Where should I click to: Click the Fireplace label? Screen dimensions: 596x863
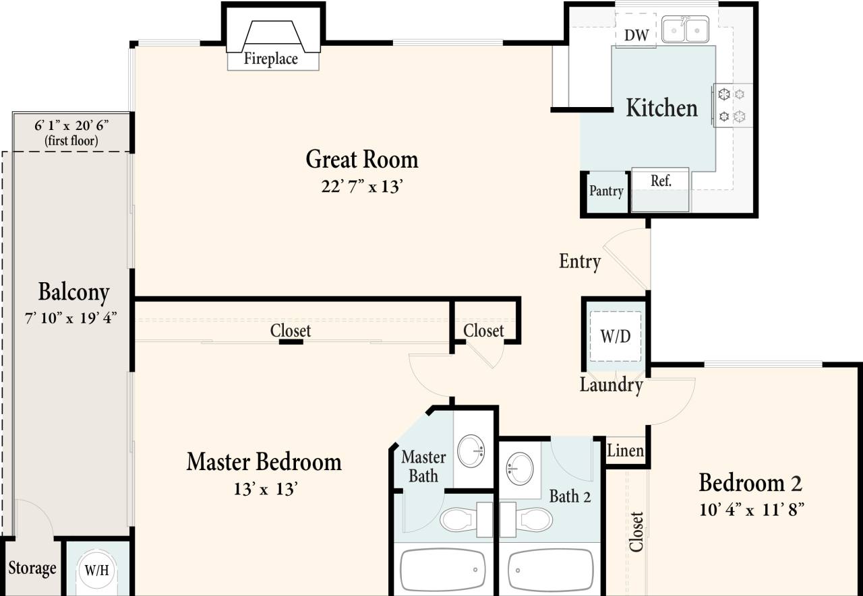coord(270,59)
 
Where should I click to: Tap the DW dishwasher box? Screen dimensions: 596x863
coord(636,35)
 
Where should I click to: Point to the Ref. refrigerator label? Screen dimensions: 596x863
coord(660,180)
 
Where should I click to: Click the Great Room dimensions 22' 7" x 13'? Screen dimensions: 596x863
coord(361,187)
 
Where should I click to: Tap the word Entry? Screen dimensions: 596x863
coord(580,261)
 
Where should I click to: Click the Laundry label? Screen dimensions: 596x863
coord(611,385)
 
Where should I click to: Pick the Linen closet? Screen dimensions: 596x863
coord(626,451)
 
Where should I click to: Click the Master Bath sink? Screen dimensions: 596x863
coord(471,451)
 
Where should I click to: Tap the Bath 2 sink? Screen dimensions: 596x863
coord(519,467)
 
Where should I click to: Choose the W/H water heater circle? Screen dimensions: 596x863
coord(96,570)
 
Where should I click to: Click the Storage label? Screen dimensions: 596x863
coord(32,568)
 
